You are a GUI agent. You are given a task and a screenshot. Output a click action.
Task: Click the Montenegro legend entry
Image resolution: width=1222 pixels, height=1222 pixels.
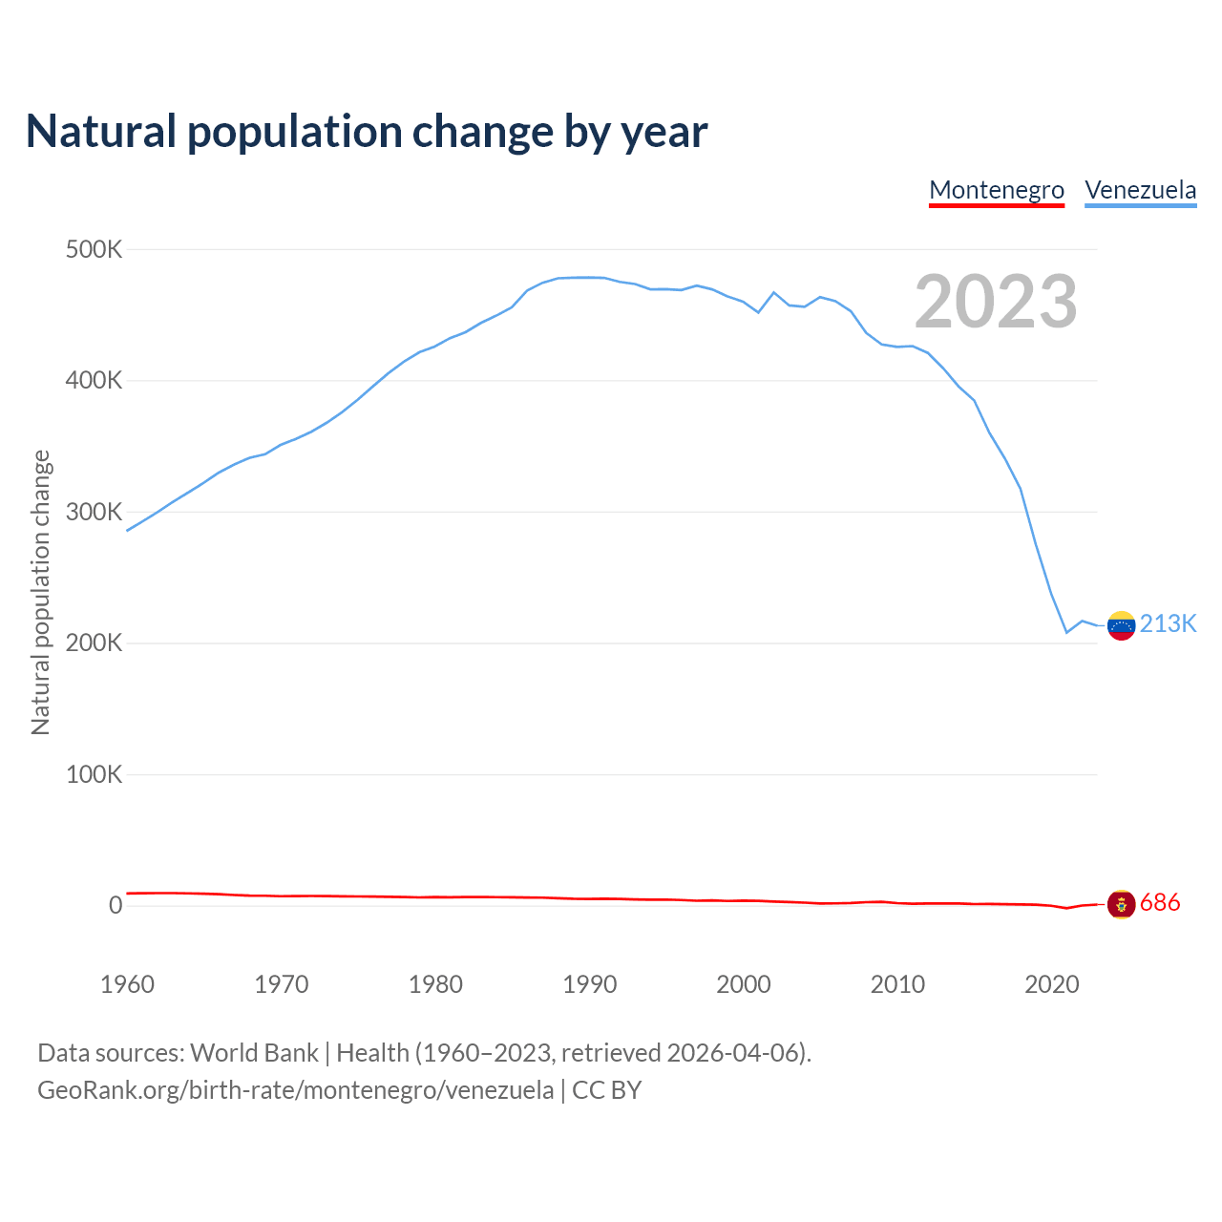(997, 190)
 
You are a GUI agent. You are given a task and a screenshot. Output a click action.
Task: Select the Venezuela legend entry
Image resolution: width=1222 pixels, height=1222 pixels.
(1140, 190)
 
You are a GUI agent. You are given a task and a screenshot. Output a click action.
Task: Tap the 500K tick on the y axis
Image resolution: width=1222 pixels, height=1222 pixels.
(94, 250)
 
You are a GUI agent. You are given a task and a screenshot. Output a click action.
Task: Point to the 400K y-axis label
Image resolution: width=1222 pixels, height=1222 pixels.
(94, 381)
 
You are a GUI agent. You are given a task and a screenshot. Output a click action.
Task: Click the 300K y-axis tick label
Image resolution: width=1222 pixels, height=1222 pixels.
(94, 513)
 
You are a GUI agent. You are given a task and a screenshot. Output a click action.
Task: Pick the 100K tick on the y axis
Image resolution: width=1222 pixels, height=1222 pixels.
(94, 774)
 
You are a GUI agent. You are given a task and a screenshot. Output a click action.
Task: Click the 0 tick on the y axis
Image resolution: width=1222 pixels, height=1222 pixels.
(116, 905)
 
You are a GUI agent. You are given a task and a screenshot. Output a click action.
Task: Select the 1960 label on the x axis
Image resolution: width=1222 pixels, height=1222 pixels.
(127, 984)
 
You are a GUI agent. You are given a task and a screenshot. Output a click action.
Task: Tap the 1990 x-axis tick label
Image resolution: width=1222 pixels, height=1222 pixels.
(590, 984)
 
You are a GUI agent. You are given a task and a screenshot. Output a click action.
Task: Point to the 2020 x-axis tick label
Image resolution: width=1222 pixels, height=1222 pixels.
(1051, 984)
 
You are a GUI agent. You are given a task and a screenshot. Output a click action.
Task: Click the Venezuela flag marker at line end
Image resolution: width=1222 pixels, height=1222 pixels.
(1121, 625)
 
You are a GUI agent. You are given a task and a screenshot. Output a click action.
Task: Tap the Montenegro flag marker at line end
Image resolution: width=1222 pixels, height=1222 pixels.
(1121, 904)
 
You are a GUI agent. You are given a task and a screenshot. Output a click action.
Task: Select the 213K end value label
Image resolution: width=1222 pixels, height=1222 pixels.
(1168, 623)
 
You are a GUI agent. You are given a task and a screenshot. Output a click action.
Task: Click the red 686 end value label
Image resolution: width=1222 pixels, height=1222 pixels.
(1160, 902)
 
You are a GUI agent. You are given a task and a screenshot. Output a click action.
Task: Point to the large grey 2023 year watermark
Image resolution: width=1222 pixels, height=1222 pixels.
(996, 302)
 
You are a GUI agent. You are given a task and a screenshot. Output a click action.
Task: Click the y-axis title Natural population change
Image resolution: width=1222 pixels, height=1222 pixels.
(40, 592)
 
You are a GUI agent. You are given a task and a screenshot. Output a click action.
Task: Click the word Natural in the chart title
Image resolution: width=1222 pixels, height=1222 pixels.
(101, 131)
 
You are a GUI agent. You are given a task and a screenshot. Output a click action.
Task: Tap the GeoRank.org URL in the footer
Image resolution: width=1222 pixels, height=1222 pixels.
(295, 1089)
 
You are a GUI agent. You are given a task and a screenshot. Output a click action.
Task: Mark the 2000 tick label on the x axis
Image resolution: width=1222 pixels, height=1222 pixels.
(744, 984)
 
